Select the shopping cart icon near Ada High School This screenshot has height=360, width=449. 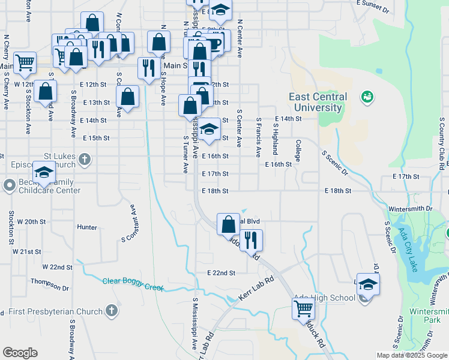pos(303,309)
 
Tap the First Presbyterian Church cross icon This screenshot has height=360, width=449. pos(111,311)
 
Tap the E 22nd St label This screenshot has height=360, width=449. pos(221,272)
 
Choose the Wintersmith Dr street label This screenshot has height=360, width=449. pos(411,208)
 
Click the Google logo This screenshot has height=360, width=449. pos(20,353)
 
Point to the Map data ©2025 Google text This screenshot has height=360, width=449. pos(412,355)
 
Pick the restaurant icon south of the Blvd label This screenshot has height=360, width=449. pos(252,241)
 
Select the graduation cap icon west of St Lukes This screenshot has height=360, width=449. pos(44,172)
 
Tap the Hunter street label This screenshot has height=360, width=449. pos(87,227)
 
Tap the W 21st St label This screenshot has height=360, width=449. pos(27,251)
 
